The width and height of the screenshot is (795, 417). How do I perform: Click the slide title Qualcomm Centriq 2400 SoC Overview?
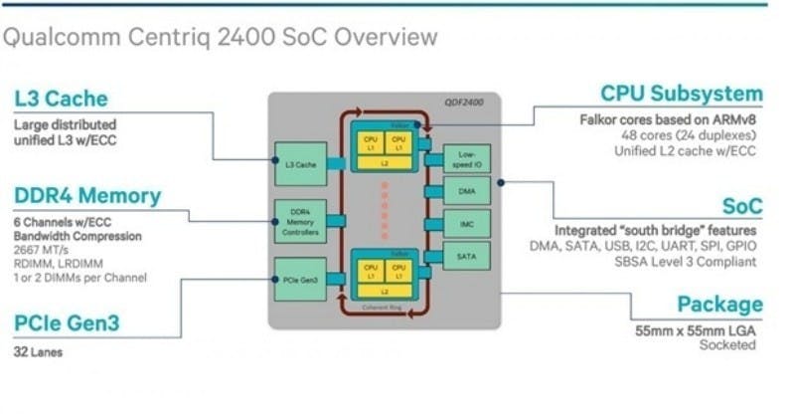coord(221,38)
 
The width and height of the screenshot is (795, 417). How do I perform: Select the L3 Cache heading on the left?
coord(61,99)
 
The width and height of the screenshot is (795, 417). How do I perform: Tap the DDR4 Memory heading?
coord(87,195)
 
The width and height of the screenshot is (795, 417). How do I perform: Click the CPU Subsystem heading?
coord(682,94)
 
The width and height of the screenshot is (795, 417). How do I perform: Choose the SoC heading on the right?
coord(741,206)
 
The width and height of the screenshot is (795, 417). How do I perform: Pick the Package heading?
coord(719,305)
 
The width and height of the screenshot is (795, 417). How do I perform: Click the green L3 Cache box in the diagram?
coord(300,163)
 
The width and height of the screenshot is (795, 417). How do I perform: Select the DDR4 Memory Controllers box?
coord(300,220)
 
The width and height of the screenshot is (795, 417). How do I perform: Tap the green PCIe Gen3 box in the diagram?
coord(300,280)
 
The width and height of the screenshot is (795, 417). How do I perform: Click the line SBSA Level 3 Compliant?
coord(685,261)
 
